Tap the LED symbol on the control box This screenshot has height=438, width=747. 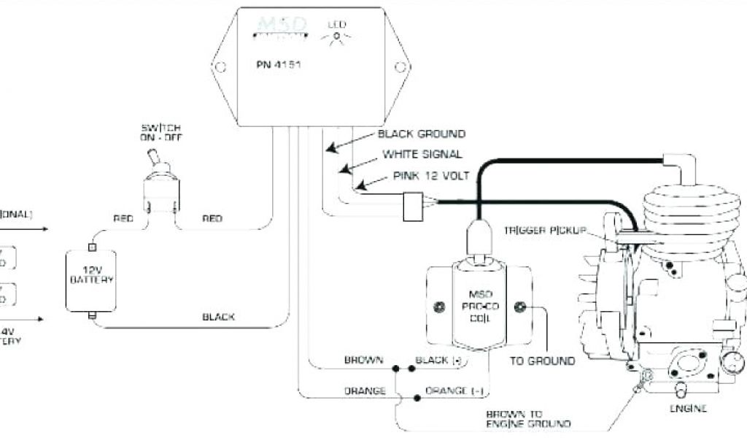tap(336, 36)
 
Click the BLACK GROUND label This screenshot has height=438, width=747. tap(421, 134)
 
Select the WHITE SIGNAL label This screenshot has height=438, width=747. tap(422, 155)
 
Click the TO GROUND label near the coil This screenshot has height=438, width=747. tap(542, 361)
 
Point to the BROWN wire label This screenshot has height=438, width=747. tap(364, 361)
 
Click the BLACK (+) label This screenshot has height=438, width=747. tap(440, 361)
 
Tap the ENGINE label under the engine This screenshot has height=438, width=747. tap(688, 409)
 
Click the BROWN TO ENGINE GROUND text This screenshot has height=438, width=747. tap(528, 418)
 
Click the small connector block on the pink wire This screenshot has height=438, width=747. tap(414, 205)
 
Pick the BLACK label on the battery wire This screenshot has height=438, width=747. tap(218, 317)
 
